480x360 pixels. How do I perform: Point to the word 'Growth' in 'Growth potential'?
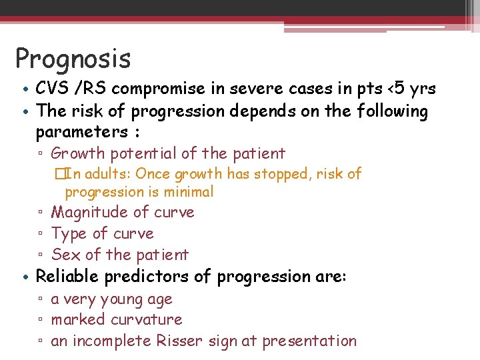78,153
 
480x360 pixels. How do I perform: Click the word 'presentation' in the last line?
309,341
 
